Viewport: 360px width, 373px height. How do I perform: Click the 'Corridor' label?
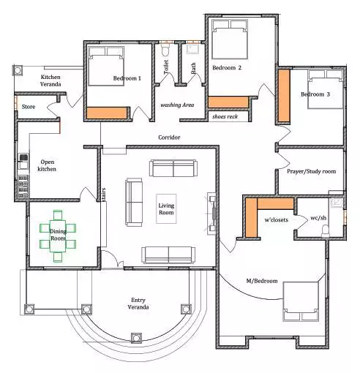(x=169, y=137)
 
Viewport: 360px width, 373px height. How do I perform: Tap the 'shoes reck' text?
(x=225, y=116)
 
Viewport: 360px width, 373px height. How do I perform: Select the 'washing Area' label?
(x=177, y=105)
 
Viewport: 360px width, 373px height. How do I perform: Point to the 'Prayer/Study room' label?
(x=311, y=171)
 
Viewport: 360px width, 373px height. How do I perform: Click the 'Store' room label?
(x=29, y=107)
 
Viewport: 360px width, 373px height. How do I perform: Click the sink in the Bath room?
(x=192, y=48)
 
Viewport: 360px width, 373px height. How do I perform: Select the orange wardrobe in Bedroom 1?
(x=107, y=113)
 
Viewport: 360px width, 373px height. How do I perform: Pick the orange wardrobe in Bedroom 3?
(x=284, y=96)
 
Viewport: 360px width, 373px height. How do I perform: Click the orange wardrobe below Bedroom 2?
(x=228, y=102)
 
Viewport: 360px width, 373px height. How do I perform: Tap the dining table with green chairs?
(x=58, y=236)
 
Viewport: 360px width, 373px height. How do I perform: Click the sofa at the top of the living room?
(x=173, y=168)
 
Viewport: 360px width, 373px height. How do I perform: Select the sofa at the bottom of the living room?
(x=168, y=255)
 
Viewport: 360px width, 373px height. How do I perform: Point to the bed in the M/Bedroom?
(x=301, y=301)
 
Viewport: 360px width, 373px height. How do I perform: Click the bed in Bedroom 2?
(x=230, y=39)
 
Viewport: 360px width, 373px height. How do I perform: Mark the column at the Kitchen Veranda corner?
(x=18, y=70)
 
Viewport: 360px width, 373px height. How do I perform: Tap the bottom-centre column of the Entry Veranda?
(x=136, y=338)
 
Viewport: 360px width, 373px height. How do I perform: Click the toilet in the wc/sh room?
(x=325, y=231)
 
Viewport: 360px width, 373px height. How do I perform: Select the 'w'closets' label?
(x=277, y=219)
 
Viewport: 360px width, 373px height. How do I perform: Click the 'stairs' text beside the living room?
(x=104, y=195)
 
